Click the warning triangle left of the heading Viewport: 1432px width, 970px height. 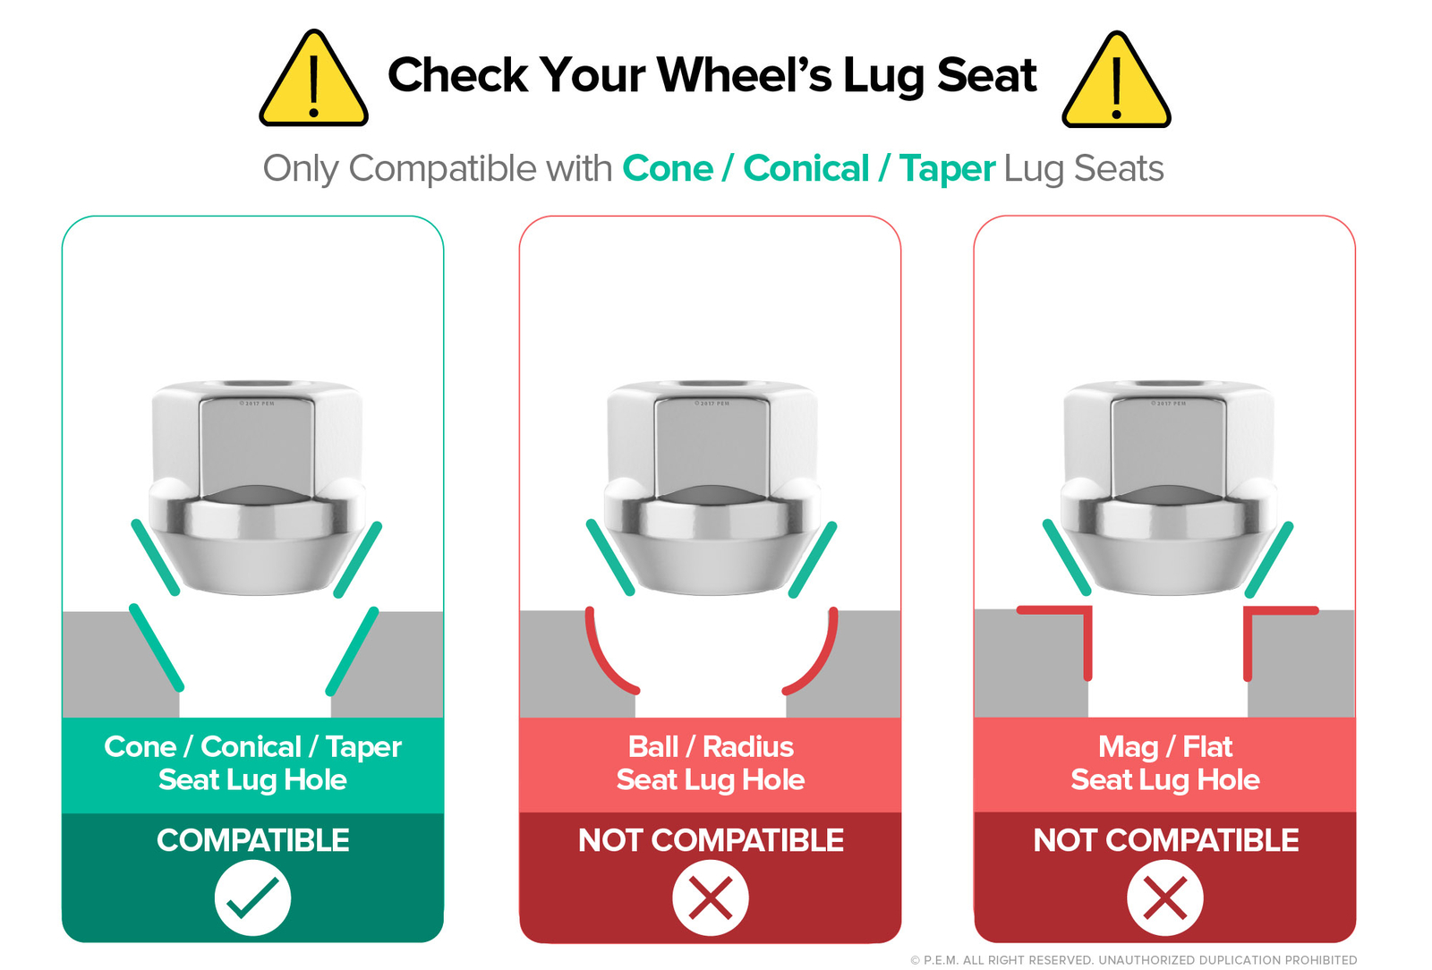[313, 80]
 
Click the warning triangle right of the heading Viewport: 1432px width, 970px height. [1116, 81]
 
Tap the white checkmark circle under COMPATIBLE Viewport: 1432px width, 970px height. [252, 898]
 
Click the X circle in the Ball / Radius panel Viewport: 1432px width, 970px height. [711, 898]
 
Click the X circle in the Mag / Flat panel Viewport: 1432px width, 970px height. [1164, 898]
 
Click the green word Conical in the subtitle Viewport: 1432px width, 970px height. [806, 169]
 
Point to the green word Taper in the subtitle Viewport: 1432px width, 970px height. [948, 170]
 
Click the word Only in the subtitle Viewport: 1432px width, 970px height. [301, 170]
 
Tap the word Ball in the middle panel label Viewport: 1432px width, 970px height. [652, 746]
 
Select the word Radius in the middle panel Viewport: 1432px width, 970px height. [748, 746]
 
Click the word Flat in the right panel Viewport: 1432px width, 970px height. [1207, 746]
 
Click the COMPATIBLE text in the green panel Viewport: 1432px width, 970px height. [253, 839]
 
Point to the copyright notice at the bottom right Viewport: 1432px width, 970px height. [1133, 960]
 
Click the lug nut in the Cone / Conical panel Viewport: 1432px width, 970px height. [257, 489]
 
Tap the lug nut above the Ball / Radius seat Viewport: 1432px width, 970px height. [712, 489]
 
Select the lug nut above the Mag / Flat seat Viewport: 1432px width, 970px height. [1169, 489]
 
